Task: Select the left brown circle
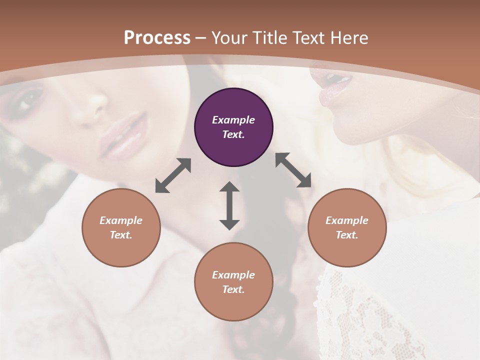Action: coord(121,227)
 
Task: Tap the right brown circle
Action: coord(347,227)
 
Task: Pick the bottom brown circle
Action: coord(233,282)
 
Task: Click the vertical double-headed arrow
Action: coord(229,205)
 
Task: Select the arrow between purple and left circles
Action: coord(173,175)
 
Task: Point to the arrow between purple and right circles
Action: coord(293,170)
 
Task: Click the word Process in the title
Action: coord(157,37)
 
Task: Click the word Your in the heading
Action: coord(229,37)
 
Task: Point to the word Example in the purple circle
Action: coord(233,120)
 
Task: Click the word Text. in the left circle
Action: coord(121,235)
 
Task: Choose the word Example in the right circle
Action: coord(347,220)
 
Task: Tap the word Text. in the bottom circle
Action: coord(233,289)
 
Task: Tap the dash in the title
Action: coord(200,38)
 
